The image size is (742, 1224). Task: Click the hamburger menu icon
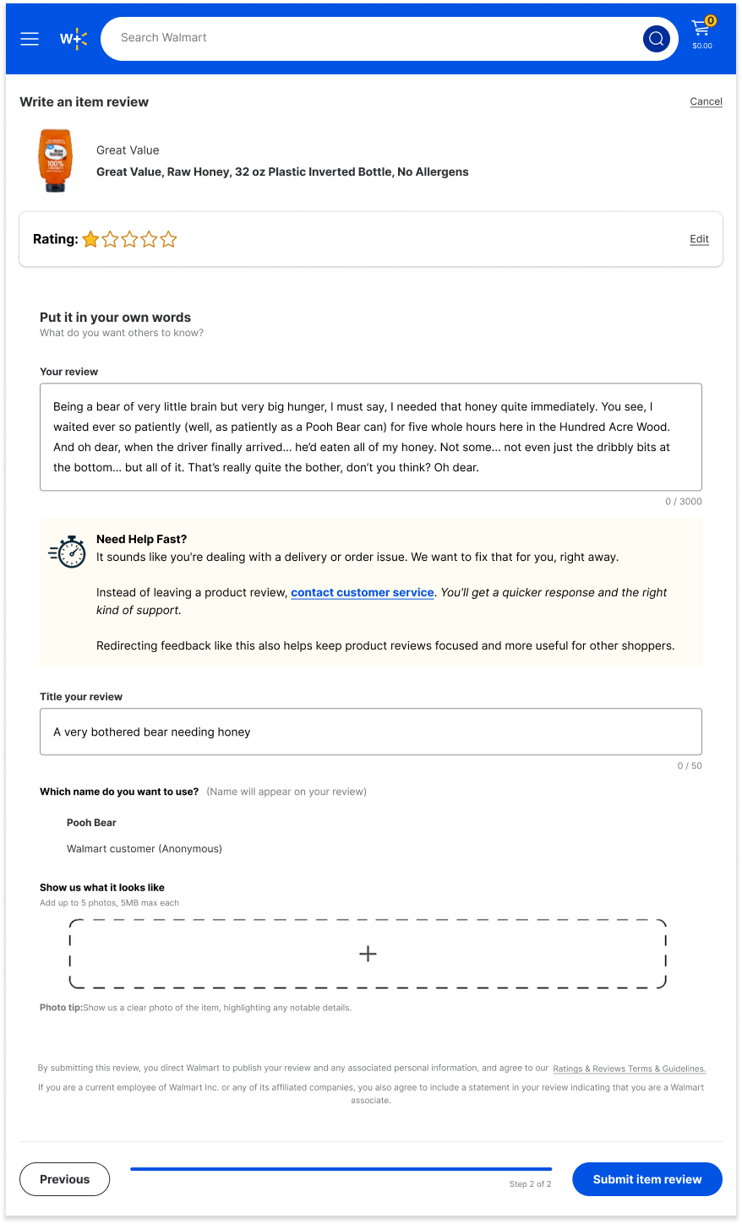point(30,39)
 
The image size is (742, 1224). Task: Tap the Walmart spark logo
point(74,39)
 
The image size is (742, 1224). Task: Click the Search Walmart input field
point(372,38)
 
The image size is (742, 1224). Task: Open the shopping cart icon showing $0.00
point(701,34)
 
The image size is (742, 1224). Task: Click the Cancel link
point(706,101)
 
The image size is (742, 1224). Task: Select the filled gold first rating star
point(90,240)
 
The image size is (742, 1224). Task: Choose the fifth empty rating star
point(169,240)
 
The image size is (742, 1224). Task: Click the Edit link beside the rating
point(699,239)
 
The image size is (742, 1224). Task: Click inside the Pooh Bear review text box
point(370,437)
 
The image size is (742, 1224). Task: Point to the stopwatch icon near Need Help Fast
point(68,552)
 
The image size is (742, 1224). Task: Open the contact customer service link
point(363,593)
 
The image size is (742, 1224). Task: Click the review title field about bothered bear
point(370,732)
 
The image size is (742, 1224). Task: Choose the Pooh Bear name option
point(91,823)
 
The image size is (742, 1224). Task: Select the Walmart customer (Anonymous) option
point(144,849)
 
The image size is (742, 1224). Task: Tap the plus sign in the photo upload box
point(368,954)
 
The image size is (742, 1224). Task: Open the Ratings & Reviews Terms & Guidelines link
point(629,1069)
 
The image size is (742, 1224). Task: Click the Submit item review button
point(647,1179)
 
